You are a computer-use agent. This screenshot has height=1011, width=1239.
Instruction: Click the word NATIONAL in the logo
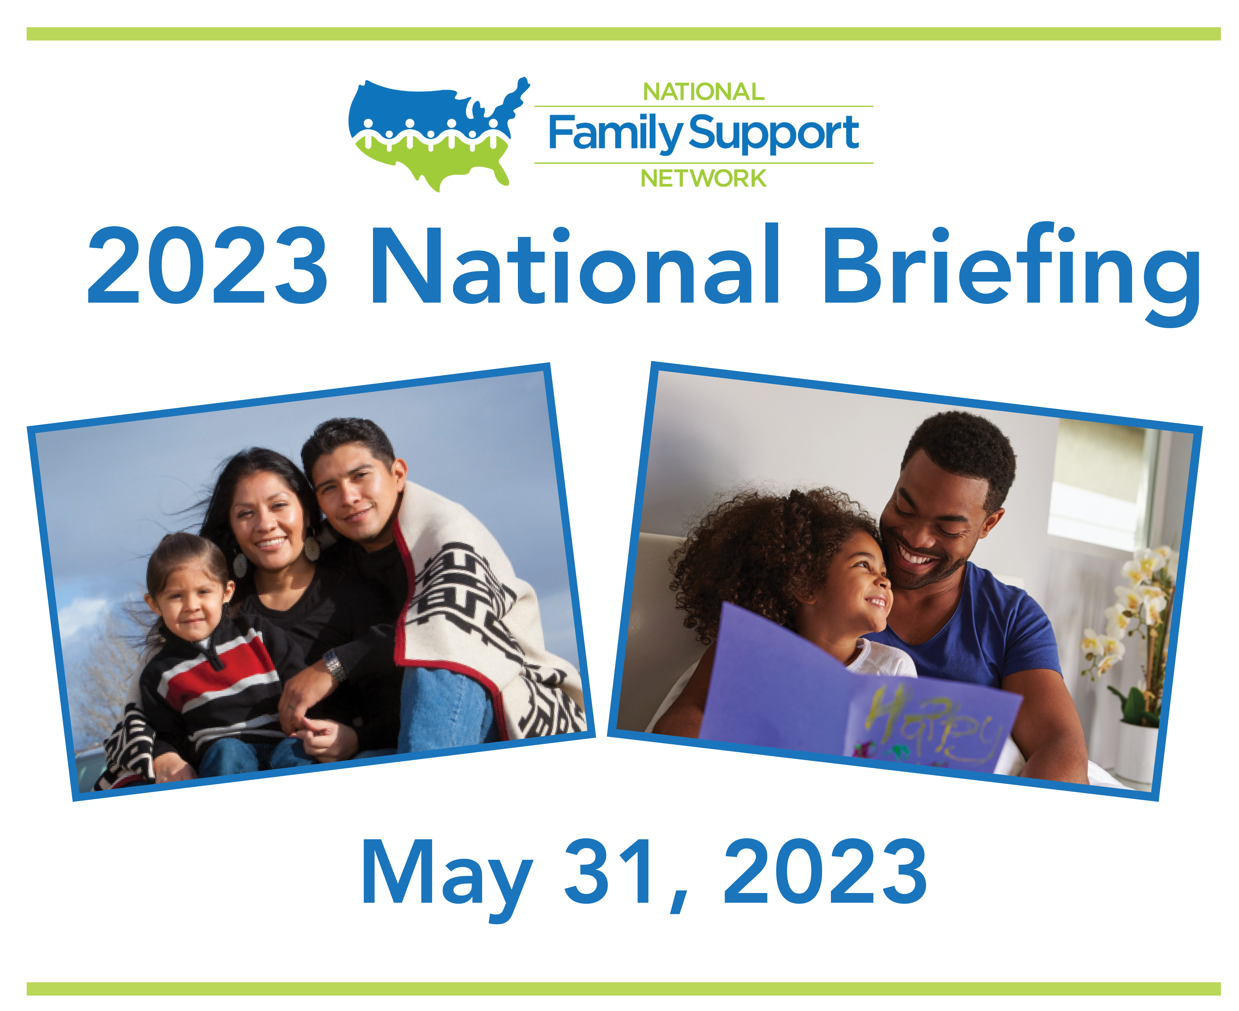[x=703, y=92]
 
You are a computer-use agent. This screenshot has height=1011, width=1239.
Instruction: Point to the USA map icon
[x=438, y=134]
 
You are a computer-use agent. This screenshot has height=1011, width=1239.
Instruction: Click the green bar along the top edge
[x=623, y=34]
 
